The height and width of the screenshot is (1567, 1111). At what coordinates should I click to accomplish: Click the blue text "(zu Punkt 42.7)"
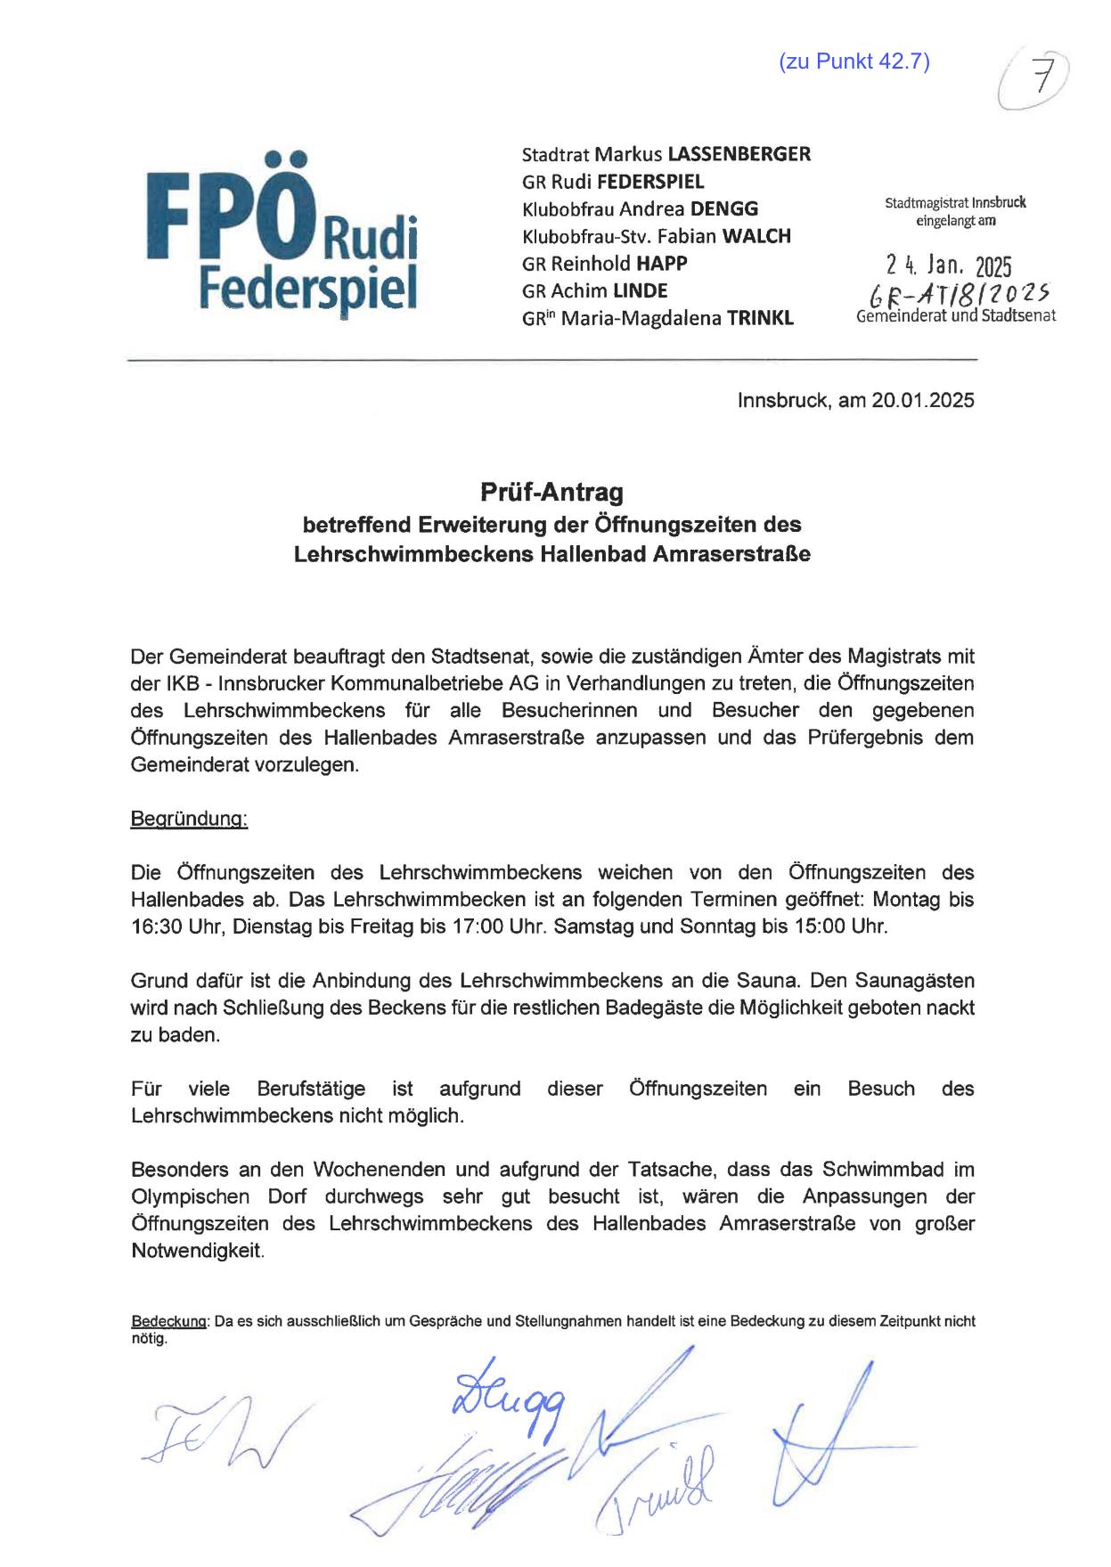pos(854,61)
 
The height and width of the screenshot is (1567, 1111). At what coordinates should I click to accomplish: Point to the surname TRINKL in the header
pos(760,318)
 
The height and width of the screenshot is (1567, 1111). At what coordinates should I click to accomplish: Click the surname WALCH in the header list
pos(756,236)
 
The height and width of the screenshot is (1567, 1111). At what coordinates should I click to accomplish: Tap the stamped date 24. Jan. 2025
pos(949,265)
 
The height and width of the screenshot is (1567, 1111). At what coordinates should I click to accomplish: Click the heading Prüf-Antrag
pos(551,492)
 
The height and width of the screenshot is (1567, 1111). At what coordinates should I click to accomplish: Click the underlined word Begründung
pos(189,818)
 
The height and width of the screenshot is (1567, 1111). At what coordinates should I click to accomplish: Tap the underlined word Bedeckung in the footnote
pos(169,1321)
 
